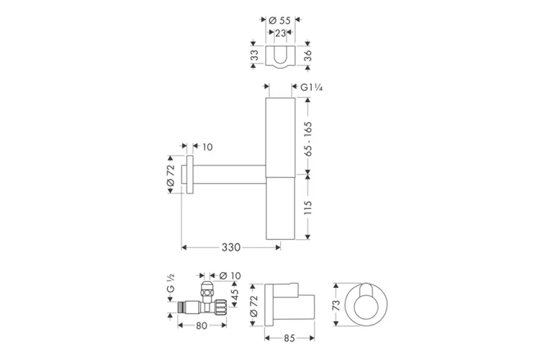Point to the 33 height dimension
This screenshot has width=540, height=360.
point(253,56)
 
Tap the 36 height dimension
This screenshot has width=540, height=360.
point(307,56)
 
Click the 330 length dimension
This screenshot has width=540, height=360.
point(230,247)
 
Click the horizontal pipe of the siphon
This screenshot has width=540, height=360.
point(230,175)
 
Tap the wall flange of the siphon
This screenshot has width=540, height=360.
point(189,175)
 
